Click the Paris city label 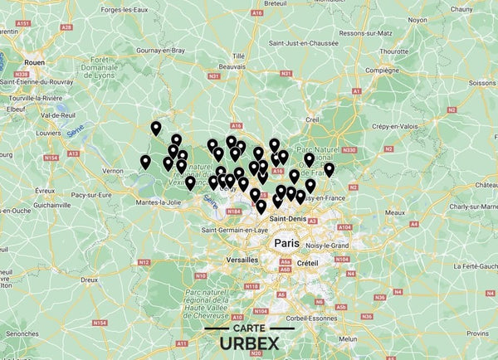[286, 243]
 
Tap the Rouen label [34, 61]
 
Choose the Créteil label [308, 262]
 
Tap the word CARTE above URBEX [249, 328]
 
